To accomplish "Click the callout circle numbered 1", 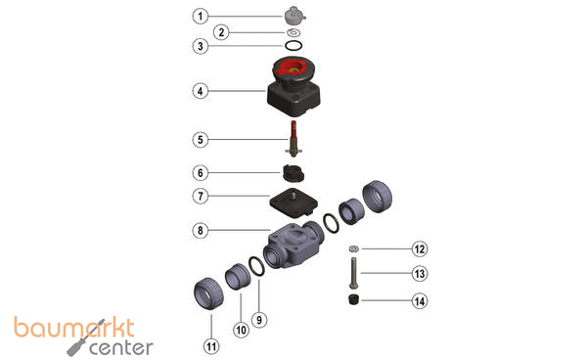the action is tap(201, 16).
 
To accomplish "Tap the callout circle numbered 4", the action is tap(201, 91).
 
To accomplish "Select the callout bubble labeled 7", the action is tap(201, 196).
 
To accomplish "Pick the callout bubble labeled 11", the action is tap(211, 346).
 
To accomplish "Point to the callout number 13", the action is tap(420, 274).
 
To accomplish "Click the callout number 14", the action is tap(420, 301).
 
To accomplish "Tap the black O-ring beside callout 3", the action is tap(293, 46).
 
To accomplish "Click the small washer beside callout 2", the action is tap(293, 32).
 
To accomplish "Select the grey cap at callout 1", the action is tap(294, 15).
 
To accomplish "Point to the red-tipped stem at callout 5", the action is tap(293, 138).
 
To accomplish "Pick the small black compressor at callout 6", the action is tap(293, 173).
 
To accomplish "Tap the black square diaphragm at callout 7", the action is tap(293, 204).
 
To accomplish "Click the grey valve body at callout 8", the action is tap(293, 245).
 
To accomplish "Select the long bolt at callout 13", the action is tap(353, 273).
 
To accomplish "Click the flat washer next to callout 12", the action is tap(353, 248).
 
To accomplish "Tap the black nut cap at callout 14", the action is tap(353, 299).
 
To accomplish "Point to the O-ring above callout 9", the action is tap(257, 266).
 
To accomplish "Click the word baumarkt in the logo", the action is tap(74, 328).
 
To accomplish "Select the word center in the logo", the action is tap(121, 348).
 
